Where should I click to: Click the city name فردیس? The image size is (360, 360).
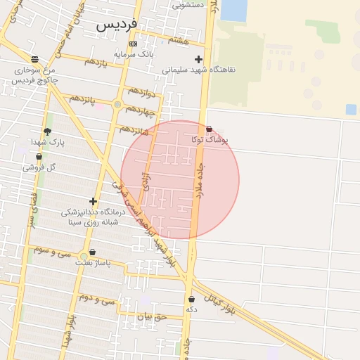point(115,25)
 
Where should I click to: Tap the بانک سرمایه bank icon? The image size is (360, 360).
point(134,44)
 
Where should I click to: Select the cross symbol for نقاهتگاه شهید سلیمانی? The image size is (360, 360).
point(198,60)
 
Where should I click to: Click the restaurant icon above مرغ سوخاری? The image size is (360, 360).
point(35,59)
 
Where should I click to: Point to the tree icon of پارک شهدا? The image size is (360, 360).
point(47,131)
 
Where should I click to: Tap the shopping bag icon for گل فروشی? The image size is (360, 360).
point(39,157)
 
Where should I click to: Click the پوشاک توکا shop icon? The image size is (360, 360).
point(210,129)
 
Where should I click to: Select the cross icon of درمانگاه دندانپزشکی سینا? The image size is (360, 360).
point(92,201)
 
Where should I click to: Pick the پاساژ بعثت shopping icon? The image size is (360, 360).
point(92,252)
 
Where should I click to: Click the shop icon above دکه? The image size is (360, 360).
point(191,299)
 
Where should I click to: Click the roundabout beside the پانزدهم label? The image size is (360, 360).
point(117,105)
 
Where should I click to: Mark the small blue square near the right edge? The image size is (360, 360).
point(351,109)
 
